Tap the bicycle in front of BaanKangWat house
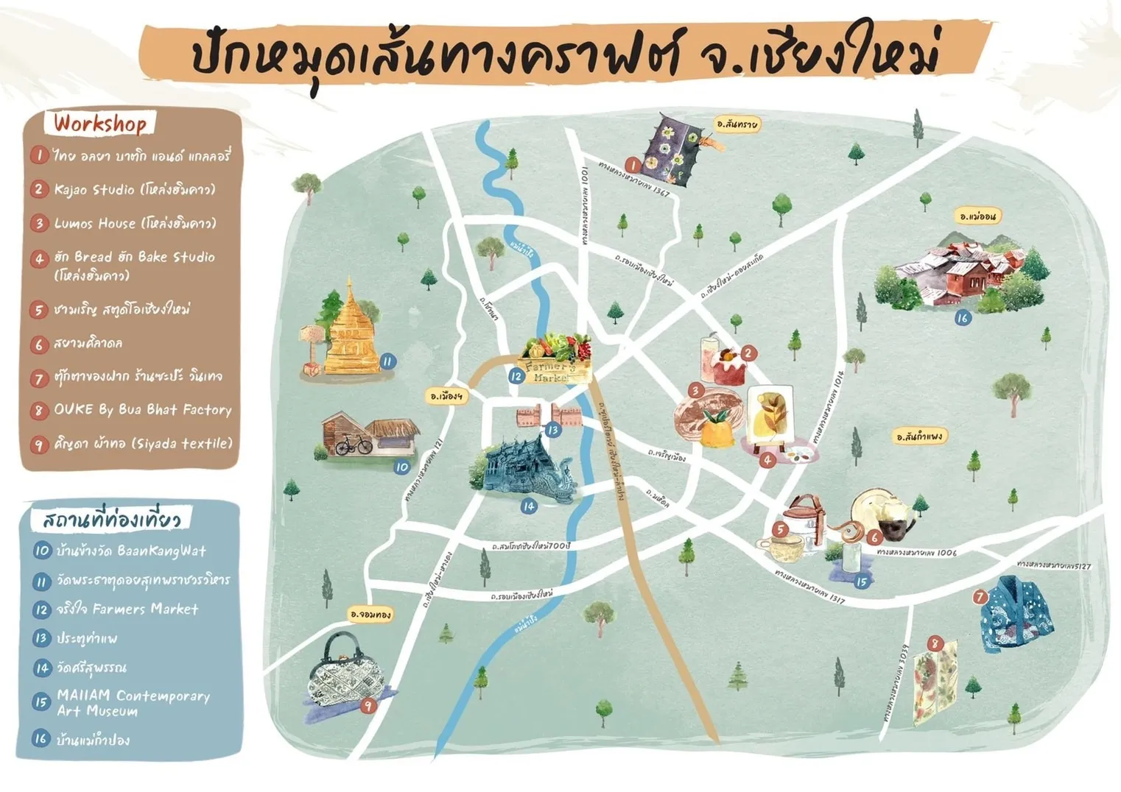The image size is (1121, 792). [354, 445]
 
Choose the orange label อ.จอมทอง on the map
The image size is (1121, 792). [370, 613]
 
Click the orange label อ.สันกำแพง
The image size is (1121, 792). [919, 436]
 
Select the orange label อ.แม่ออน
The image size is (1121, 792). [978, 216]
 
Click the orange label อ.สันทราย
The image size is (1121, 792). [737, 124]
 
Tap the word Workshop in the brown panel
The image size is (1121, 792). [100, 123]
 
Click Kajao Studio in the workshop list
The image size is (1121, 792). [135, 189]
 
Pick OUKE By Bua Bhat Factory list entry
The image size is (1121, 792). [142, 409]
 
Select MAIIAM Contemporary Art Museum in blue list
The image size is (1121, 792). [133, 702]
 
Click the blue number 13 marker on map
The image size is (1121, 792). [553, 429]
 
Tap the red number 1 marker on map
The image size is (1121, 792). [632, 165]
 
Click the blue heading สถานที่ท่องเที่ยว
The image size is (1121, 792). [110, 520]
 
